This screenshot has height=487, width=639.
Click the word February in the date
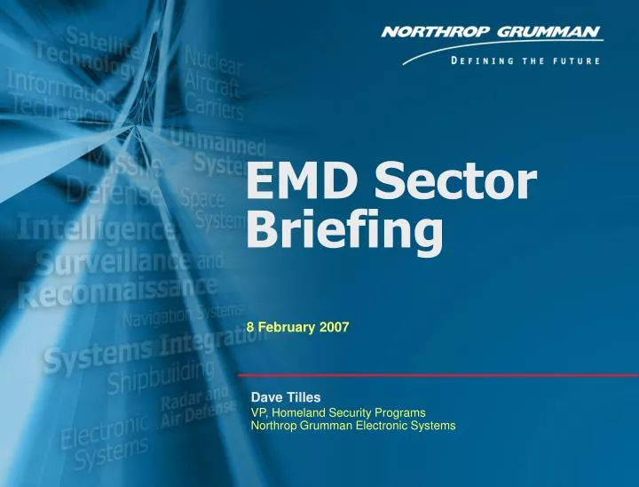(286, 327)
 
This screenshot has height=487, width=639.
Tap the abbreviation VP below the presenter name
(258, 412)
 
